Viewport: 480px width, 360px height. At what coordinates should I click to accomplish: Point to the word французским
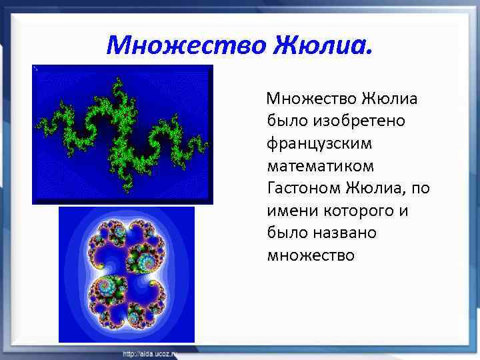[320, 144]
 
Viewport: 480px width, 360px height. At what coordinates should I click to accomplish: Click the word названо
[345, 233]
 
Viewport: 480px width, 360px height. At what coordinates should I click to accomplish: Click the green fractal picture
[123, 134]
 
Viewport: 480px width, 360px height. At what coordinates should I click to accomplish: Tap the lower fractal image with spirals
[127, 274]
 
